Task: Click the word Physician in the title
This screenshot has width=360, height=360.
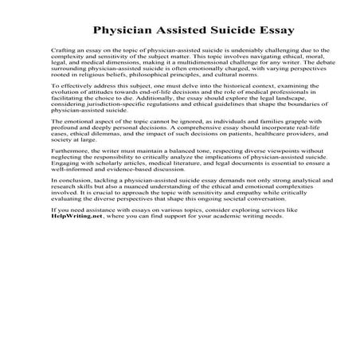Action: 127,33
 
